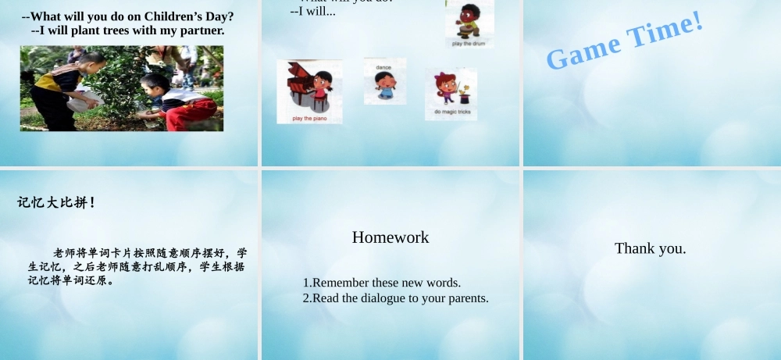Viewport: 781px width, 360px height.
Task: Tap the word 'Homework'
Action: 390,237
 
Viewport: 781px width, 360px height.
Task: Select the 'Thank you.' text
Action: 650,248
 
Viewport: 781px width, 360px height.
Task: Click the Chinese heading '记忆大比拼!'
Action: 57,203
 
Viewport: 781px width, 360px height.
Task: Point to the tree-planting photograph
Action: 122,88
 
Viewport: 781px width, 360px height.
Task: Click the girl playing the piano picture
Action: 309,87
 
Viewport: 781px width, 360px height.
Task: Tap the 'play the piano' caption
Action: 309,119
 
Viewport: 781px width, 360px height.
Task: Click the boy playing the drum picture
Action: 469,20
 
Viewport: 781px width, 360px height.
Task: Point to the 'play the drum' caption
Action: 469,44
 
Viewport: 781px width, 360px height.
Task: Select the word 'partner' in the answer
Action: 201,30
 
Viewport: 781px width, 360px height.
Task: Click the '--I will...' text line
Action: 312,12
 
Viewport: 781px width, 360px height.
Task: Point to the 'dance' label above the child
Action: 383,67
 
